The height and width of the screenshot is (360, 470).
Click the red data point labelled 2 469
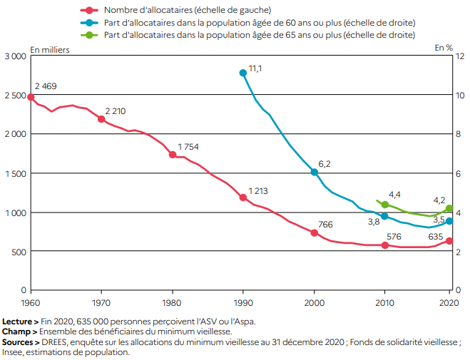30,97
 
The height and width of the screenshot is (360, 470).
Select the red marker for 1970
101,119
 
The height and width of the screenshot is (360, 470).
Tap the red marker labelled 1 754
172,154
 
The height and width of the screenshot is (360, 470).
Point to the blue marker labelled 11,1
243,73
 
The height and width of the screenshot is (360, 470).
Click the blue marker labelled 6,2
314,172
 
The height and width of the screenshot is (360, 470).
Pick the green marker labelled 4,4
385,205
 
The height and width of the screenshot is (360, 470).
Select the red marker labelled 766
314,232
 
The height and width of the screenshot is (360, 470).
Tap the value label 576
395,237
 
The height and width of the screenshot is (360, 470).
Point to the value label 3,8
373,222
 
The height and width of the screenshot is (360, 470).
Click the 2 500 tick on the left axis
14,95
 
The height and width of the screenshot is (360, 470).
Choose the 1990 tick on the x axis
243,302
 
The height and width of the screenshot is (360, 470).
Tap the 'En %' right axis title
444,48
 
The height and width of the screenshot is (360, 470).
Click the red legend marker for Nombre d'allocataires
89,10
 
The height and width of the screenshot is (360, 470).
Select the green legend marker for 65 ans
89,34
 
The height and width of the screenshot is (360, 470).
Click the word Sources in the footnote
18,341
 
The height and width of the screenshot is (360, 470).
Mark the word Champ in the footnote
16,331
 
